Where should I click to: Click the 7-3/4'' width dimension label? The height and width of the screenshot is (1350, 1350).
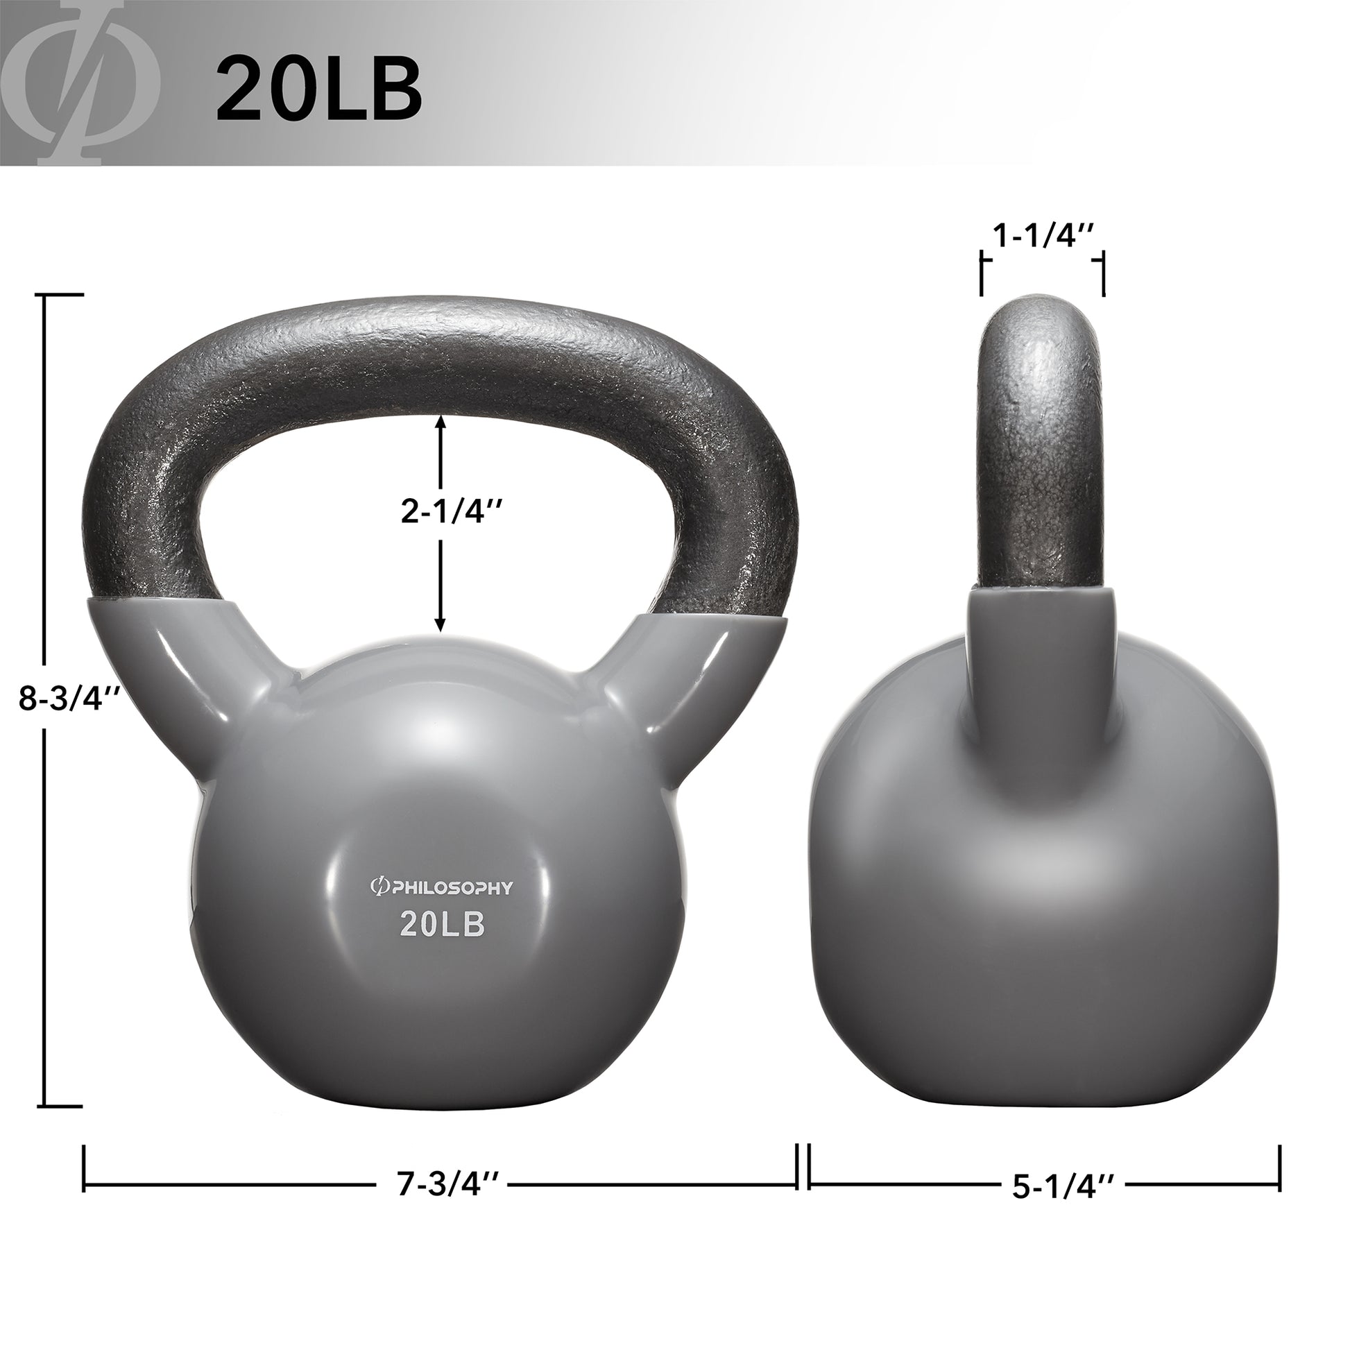pos(449,1184)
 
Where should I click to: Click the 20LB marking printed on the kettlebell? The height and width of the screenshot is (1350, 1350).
pos(443,925)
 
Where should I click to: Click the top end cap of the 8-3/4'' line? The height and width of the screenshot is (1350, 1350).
pos(64,296)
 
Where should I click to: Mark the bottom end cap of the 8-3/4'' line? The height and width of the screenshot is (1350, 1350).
pos(64,1106)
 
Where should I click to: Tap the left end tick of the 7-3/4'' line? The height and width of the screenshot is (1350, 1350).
pos(85,1168)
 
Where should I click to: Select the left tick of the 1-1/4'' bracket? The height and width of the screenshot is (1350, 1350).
pos(983,276)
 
